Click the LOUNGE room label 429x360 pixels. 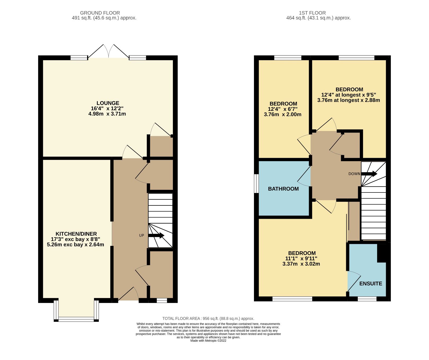click(x=108, y=103)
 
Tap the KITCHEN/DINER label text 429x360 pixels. click(x=76, y=234)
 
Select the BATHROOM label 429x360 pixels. click(x=283, y=189)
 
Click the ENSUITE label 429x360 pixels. click(x=370, y=284)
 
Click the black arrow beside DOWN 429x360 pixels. click(x=369, y=174)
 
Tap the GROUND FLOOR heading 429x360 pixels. click(x=100, y=13)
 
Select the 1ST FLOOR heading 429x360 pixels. click(x=312, y=13)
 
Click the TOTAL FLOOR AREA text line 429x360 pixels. click(x=208, y=319)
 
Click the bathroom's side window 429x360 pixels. click(x=256, y=183)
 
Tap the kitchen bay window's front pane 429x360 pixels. click(x=76, y=319)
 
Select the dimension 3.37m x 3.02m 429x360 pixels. click(x=301, y=264)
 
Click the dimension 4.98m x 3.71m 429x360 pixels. click(x=107, y=114)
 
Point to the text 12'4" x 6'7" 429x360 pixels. click(x=283, y=109)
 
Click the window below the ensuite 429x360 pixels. click(x=367, y=299)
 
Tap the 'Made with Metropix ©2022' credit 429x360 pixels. click(x=208, y=341)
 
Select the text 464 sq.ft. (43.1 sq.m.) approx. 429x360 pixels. click(x=318, y=18)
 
